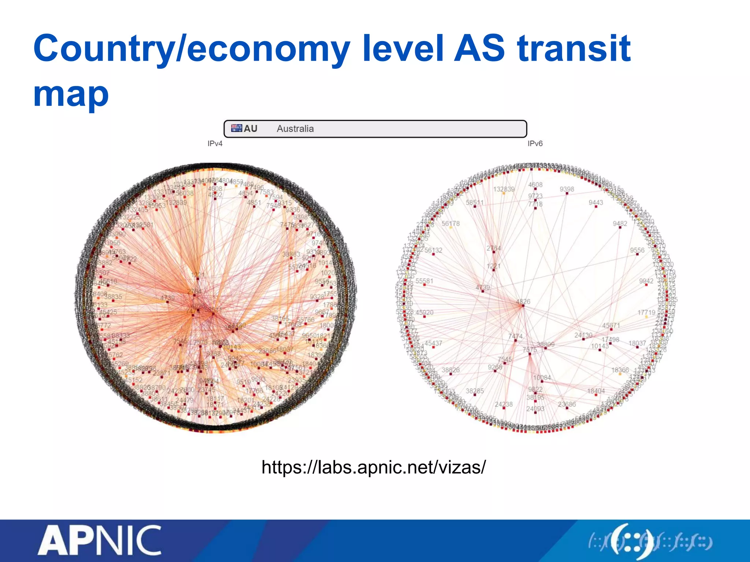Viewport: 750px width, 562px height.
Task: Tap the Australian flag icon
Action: tap(237, 128)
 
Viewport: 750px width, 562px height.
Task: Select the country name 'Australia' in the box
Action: tap(295, 129)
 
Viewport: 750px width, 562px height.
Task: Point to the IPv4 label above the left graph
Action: tap(215, 144)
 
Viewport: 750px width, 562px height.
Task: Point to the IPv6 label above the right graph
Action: tap(535, 144)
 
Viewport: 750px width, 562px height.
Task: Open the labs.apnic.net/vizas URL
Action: tap(374, 467)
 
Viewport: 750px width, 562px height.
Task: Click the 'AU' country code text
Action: tap(250, 129)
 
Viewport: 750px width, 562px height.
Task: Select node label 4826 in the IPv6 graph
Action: tap(523, 301)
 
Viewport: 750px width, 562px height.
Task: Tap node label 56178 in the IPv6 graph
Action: tap(450, 224)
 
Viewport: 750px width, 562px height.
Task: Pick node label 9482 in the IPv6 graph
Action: tap(620, 224)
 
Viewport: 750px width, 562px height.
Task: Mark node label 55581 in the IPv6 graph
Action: tap(424, 281)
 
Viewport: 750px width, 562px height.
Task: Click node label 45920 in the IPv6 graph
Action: tap(424, 312)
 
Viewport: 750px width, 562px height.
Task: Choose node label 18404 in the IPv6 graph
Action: tap(596, 391)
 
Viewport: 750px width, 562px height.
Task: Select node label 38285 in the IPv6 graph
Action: tap(475, 391)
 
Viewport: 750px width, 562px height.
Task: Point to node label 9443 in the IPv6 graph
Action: tap(596, 203)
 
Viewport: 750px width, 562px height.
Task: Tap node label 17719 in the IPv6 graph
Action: tap(646, 312)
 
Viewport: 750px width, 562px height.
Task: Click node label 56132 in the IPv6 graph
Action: tap(433, 250)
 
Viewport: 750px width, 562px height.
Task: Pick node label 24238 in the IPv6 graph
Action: tap(504, 404)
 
